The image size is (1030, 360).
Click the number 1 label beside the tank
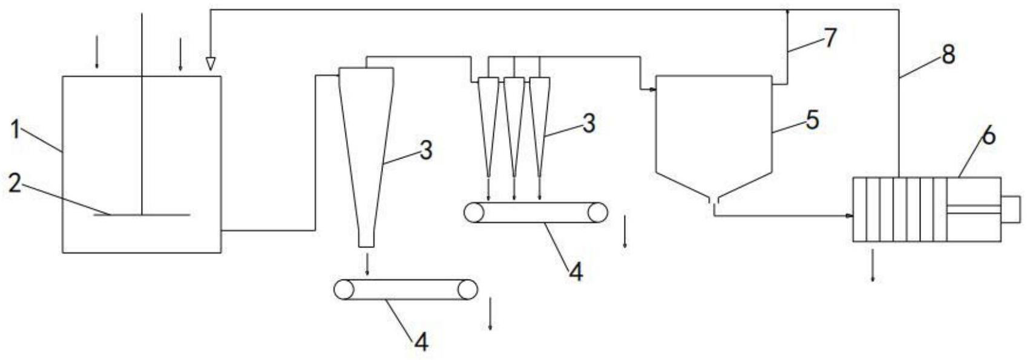[x=17, y=129]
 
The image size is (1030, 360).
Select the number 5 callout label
[x=812, y=120]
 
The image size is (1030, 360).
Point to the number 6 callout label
[x=988, y=136]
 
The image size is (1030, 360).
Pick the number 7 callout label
[x=830, y=38]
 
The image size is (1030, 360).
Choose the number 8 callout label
[x=948, y=55]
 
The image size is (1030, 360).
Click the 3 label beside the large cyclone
[x=426, y=150]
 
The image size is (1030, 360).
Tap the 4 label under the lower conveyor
[x=421, y=343]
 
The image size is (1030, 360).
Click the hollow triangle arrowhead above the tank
[x=210, y=64]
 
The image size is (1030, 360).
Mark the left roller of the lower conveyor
[x=343, y=290]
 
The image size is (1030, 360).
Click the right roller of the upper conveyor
[x=598, y=213]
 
